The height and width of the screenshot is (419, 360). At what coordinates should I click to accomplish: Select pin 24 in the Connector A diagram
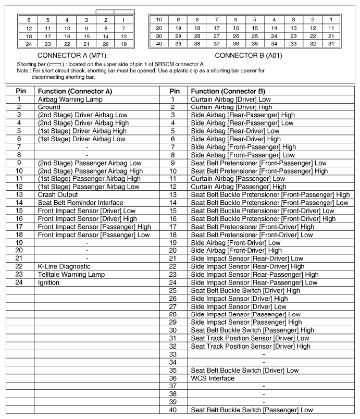click(29, 44)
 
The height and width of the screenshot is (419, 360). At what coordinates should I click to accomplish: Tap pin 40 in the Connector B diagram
click(159, 44)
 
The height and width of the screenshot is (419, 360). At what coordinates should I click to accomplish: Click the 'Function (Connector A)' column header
click(75, 91)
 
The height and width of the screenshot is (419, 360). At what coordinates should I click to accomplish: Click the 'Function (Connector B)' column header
click(228, 91)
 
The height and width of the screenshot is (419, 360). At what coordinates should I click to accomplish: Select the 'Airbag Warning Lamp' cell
click(70, 100)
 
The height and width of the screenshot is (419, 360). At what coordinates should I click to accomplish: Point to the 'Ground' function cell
click(49, 107)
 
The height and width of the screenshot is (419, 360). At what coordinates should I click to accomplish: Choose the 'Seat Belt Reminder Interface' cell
click(80, 203)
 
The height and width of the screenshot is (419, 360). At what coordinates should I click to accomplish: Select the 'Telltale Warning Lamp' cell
click(71, 275)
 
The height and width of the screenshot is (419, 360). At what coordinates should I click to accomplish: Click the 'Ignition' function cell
click(48, 282)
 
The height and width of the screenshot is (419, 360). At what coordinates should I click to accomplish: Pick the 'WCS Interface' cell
click(213, 378)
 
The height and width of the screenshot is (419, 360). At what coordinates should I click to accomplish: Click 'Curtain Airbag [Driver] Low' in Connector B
click(231, 100)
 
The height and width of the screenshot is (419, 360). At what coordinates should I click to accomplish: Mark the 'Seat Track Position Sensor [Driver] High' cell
click(251, 346)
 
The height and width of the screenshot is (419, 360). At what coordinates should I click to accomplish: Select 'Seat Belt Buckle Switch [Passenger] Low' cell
click(252, 410)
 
